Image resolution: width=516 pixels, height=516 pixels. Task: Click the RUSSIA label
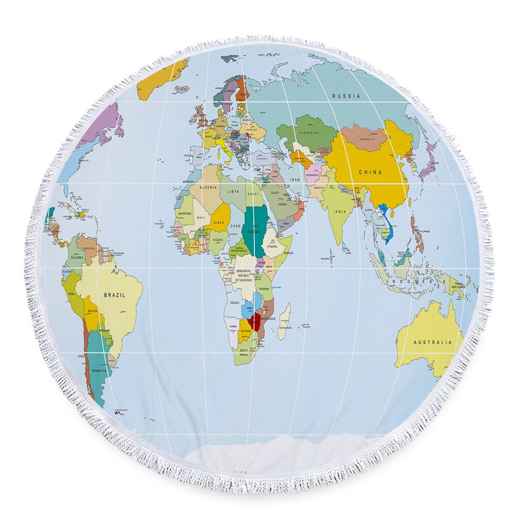tap(346, 96)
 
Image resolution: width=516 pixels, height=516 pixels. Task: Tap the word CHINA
tap(370, 172)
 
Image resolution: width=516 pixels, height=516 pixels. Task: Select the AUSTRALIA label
tap(432, 342)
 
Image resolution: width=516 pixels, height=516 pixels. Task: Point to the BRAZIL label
tap(115, 295)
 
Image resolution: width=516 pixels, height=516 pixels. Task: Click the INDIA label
tap(340, 212)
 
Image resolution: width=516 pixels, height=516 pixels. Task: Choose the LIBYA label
tap(233, 192)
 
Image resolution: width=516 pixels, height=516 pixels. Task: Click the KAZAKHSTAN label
tap(309, 133)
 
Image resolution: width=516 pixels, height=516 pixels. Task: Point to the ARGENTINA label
tap(99, 370)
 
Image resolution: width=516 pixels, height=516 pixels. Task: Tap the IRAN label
tap(295, 180)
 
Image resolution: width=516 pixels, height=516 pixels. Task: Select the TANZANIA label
tap(264, 288)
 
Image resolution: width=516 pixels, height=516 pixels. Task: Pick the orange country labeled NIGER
tap(219, 222)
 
